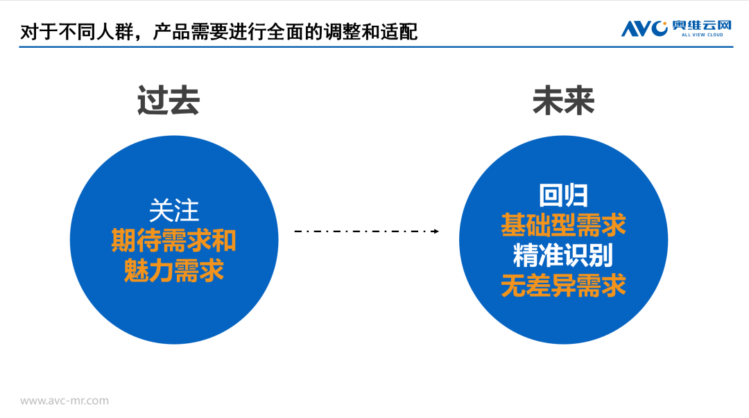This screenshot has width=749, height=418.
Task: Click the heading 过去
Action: [168, 101]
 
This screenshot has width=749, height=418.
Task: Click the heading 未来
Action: [563, 101]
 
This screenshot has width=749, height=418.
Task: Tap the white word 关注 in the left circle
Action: [174, 211]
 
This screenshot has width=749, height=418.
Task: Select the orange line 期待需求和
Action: [174, 241]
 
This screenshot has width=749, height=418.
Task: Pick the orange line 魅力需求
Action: [174, 271]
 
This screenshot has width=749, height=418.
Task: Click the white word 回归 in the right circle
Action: [563, 195]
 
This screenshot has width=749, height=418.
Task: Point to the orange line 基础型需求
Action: [563, 225]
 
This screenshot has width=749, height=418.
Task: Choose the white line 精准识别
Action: [563, 256]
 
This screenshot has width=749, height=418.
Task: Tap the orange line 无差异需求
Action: [563, 286]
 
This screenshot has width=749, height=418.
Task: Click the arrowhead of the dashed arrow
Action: [436, 232]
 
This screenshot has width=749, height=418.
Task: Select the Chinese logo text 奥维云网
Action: [702, 26]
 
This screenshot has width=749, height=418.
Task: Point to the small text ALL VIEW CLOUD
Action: [702, 35]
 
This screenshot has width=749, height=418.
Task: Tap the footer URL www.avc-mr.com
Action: [64, 401]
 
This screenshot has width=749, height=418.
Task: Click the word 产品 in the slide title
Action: [171, 32]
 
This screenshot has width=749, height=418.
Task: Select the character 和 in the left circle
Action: [224, 241]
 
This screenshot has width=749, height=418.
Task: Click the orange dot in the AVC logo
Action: [664, 24]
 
